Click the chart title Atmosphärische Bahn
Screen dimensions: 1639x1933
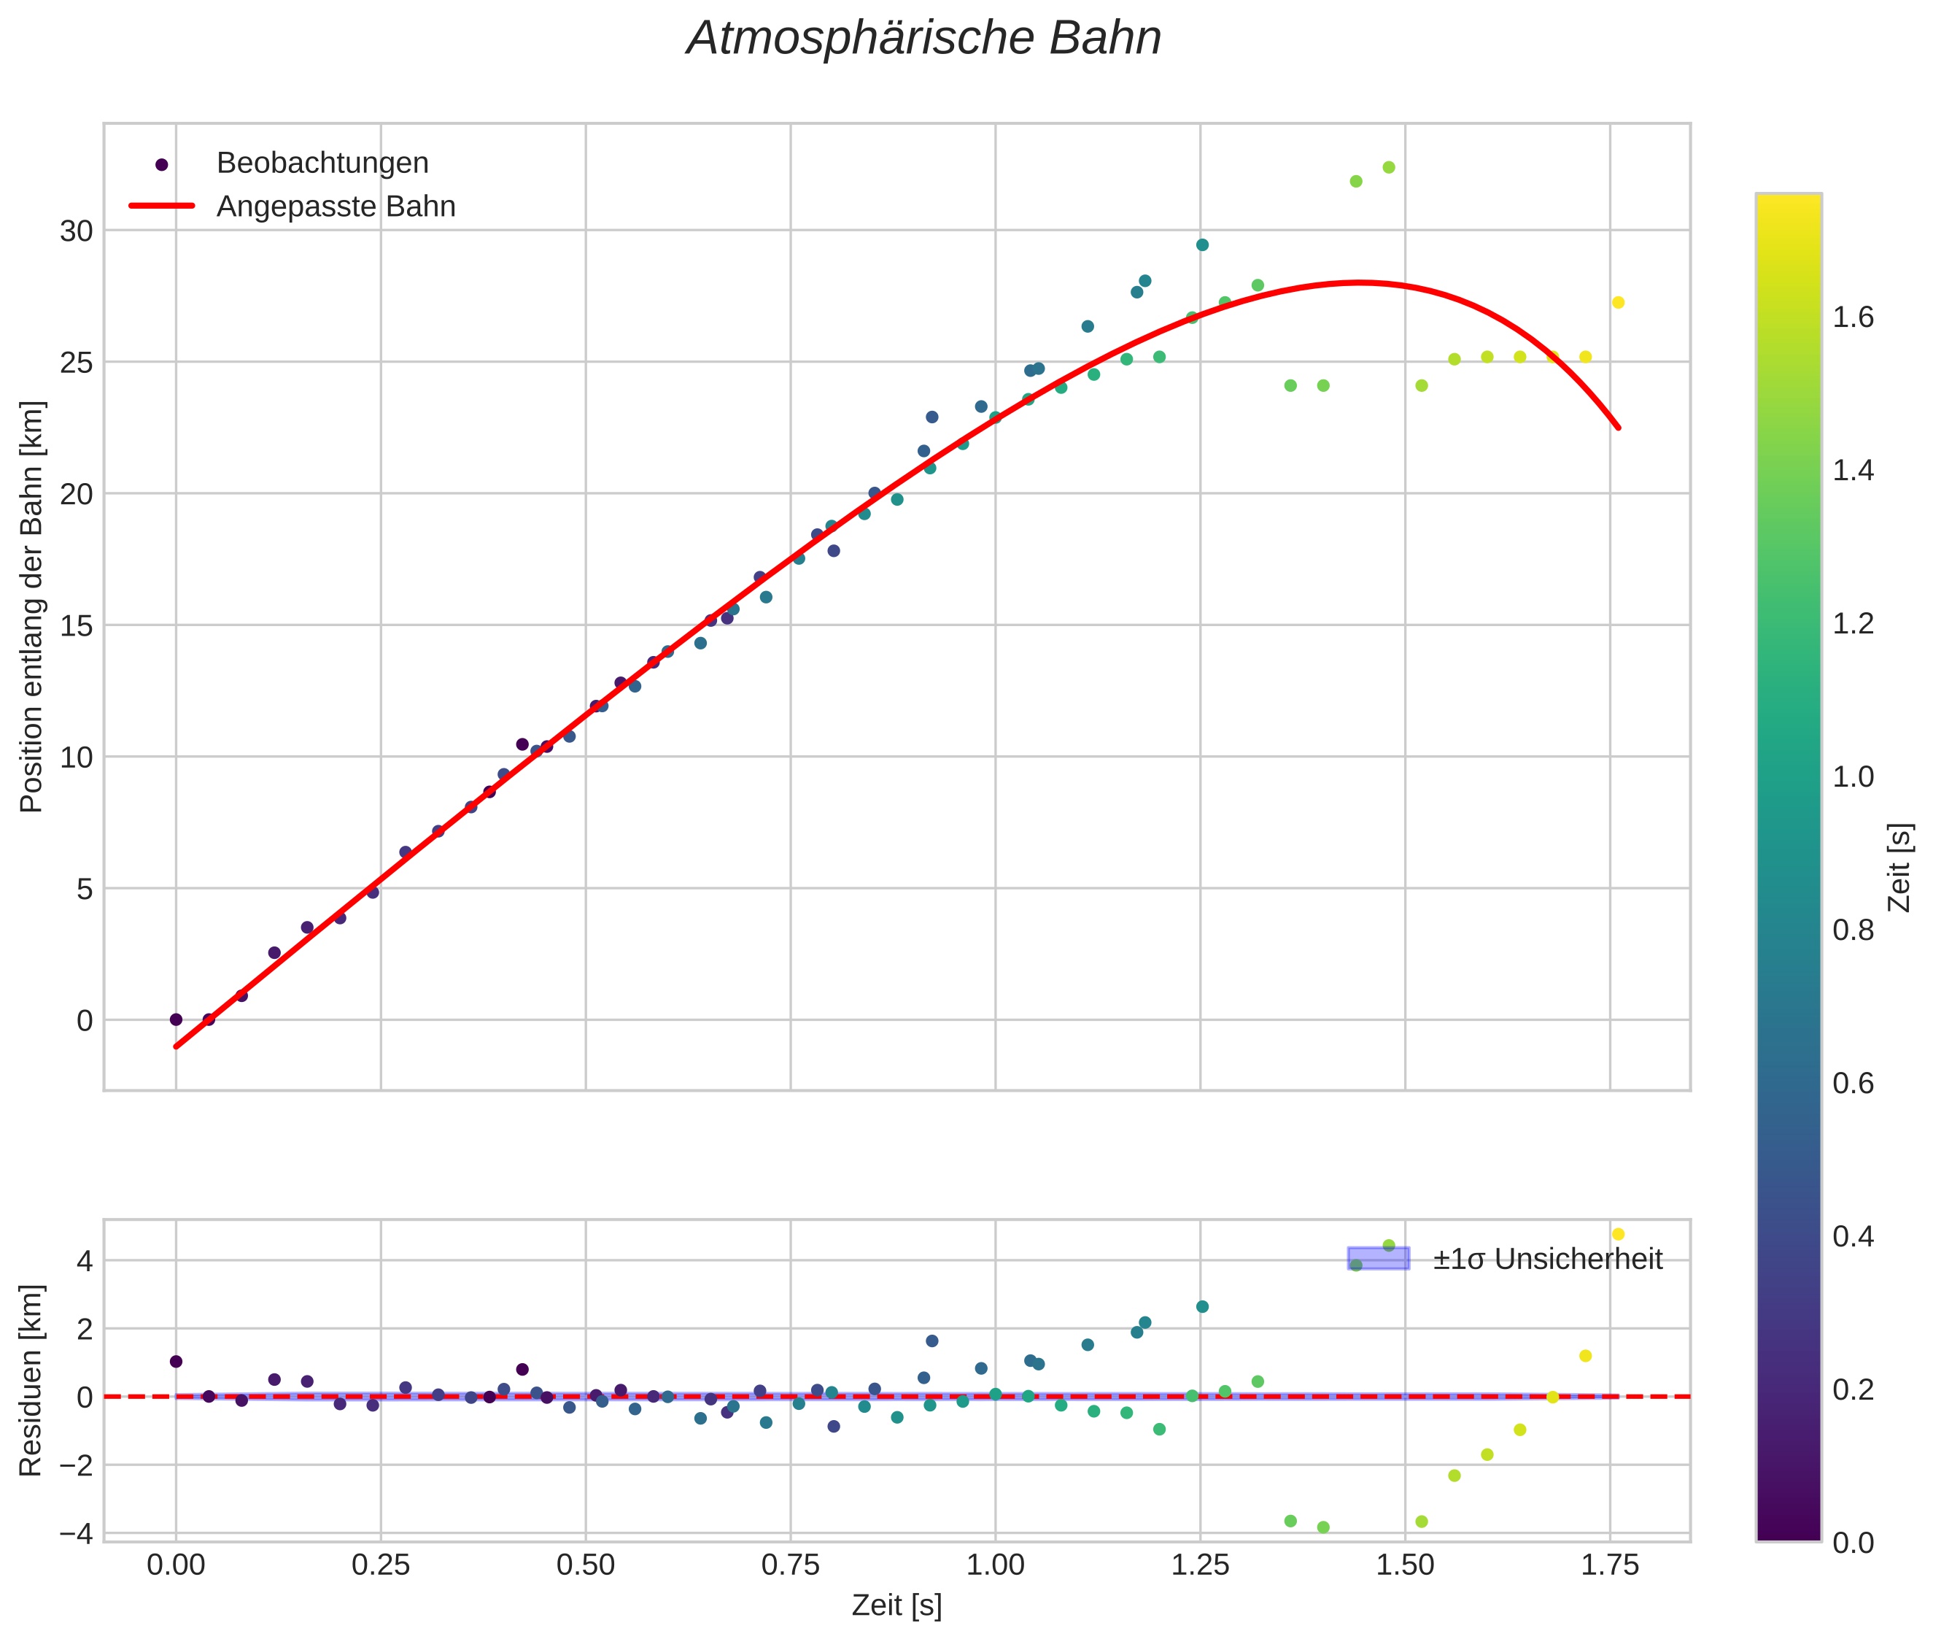tap(923, 39)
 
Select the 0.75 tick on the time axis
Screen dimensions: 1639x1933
tap(791, 1565)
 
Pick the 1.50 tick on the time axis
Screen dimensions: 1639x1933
tap(1404, 1565)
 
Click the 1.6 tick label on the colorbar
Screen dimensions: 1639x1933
tap(1852, 317)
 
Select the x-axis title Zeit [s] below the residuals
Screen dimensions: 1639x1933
tap(896, 1605)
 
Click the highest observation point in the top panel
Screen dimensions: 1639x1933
tap(1389, 167)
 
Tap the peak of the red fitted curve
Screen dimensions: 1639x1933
tap(1358, 282)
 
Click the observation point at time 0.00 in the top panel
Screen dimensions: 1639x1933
tap(176, 1019)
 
